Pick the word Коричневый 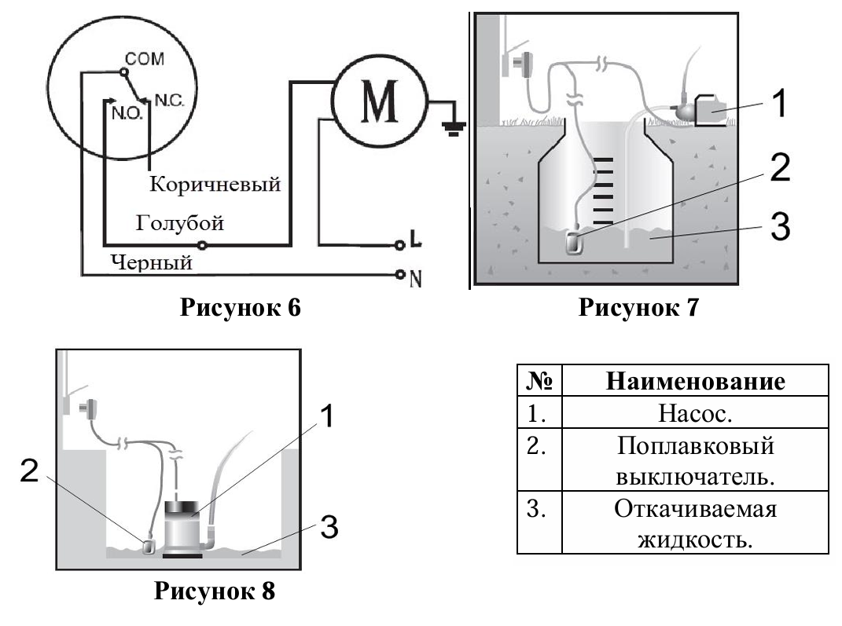(215, 185)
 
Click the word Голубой (180, 224)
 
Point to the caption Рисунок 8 (214, 590)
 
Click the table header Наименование (696, 382)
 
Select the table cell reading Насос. (696, 413)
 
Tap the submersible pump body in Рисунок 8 (182, 529)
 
